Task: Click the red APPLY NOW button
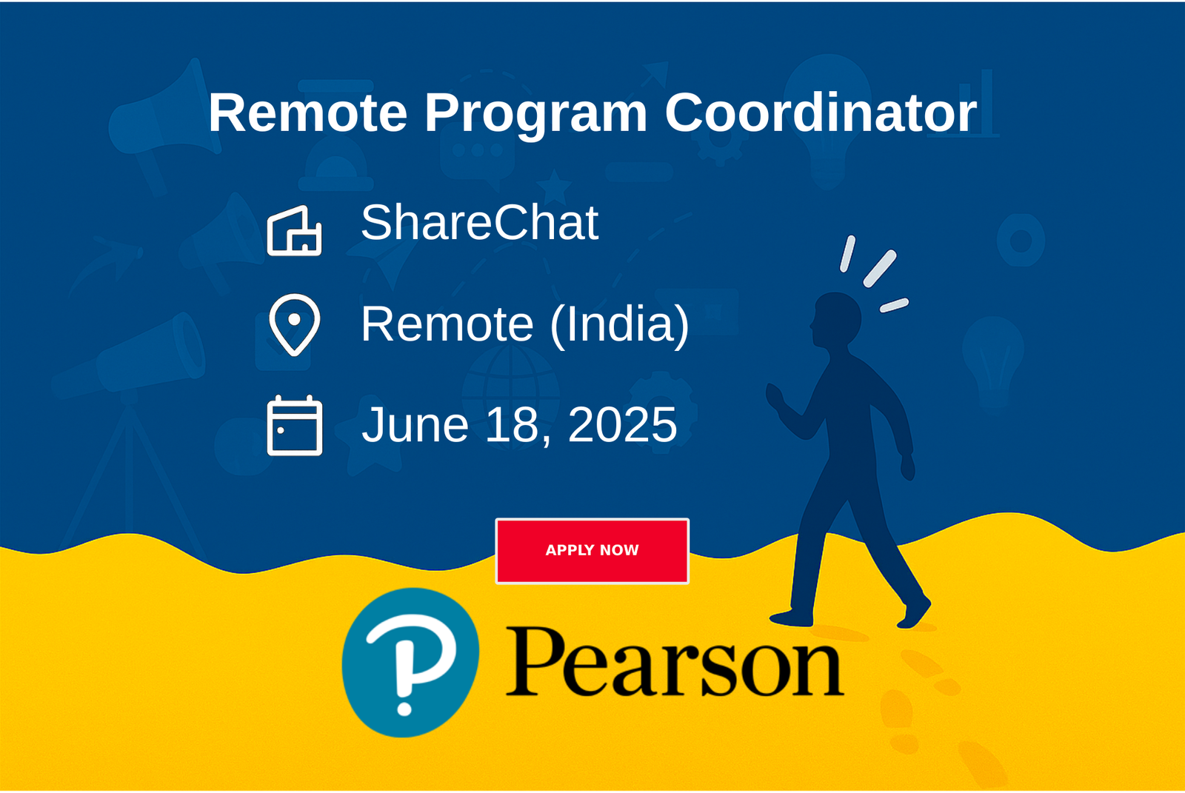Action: tap(592, 551)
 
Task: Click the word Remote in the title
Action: tap(308, 113)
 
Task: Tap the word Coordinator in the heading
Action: tap(821, 112)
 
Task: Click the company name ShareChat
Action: tap(479, 223)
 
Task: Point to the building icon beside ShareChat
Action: tap(295, 231)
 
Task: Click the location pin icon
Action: tap(295, 324)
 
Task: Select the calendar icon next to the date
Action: tap(295, 425)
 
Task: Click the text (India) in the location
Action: tap(619, 325)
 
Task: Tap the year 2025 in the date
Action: tap(623, 424)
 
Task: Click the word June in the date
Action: tap(415, 424)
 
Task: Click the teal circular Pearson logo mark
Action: tap(410, 663)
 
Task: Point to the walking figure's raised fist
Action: tap(775, 396)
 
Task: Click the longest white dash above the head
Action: tap(881, 269)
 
